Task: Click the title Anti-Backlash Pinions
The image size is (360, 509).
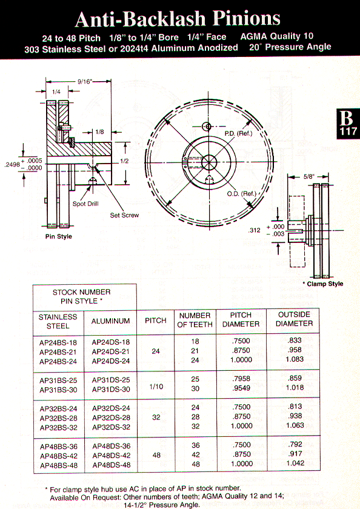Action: (x=178, y=19)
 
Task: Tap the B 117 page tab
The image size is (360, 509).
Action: (x=348, y=124)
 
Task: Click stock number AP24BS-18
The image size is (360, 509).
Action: (x=58, y=343)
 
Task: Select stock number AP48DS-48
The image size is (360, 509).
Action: (x=112, y=465)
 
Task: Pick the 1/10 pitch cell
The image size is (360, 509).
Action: (x=156, y=387)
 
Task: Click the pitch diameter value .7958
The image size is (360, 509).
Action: (x=241, y=379)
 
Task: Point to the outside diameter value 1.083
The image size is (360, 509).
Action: (x=295, y=359)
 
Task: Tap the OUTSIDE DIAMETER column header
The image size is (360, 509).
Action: (x=294, y=319)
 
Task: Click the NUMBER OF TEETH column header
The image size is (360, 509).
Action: (x=195, y=320)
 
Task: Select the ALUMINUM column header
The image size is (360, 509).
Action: (x=110, y=321)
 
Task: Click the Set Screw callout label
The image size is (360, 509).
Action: (x=124, y=215)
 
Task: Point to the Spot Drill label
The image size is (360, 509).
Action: (x=85, y=204)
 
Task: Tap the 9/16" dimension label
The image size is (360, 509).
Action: (x=84, y=81)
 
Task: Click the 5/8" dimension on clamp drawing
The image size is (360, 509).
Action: (x=309, y=176)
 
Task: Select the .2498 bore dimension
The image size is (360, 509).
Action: (x=12, y=165)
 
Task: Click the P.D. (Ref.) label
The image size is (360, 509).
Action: (x=238, y=133)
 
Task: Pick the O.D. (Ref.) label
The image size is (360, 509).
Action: (x=241, y=194)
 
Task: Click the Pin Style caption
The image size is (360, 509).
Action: (x=59, y=236)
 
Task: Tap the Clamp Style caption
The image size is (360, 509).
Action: (x=323, y=284)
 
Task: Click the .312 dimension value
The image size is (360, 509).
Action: (x=255, y=230)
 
